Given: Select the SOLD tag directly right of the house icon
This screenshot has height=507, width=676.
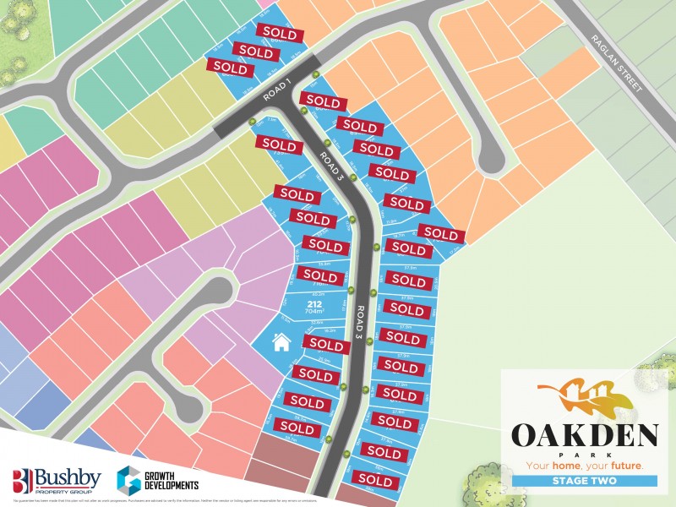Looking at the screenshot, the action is click(x=326, y=345).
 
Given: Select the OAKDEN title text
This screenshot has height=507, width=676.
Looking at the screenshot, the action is click(x=584, y=436).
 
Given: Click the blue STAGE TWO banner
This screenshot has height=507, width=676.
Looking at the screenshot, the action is click(x=584, y=482).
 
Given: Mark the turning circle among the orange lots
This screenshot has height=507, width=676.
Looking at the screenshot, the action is click(x=490, y=152).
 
